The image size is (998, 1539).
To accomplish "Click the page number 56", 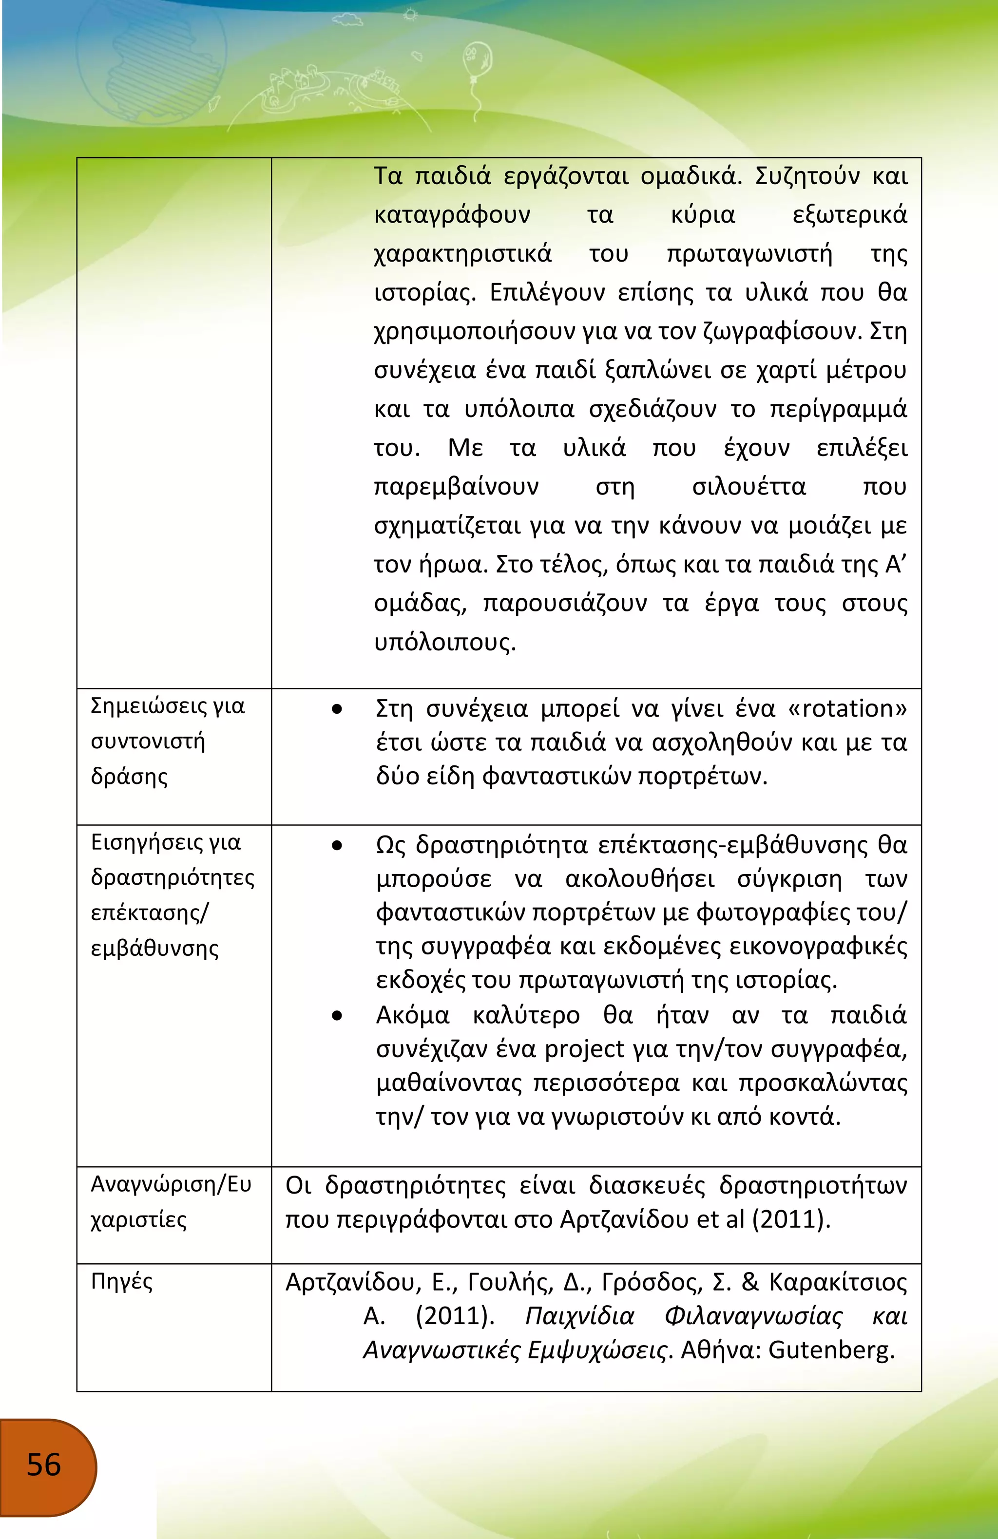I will point(44,1464).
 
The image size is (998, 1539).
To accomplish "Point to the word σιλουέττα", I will point(748,486).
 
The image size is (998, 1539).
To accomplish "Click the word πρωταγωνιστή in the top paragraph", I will point(749,253).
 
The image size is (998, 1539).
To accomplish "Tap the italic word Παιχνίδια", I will point(579,1316).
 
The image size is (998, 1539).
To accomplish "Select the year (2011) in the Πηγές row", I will point(455,1316).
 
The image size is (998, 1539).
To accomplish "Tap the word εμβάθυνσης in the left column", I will point(154,948).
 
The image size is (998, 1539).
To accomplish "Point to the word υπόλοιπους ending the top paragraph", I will point(444,642).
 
